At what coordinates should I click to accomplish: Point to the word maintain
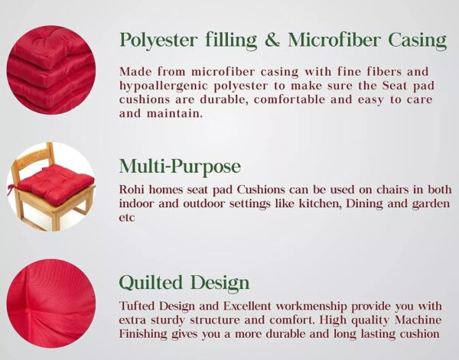coord(158,114)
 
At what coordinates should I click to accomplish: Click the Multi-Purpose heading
coord(180,167)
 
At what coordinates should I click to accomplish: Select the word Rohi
coord(132,189)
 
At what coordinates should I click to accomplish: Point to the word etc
coord(127,217)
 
